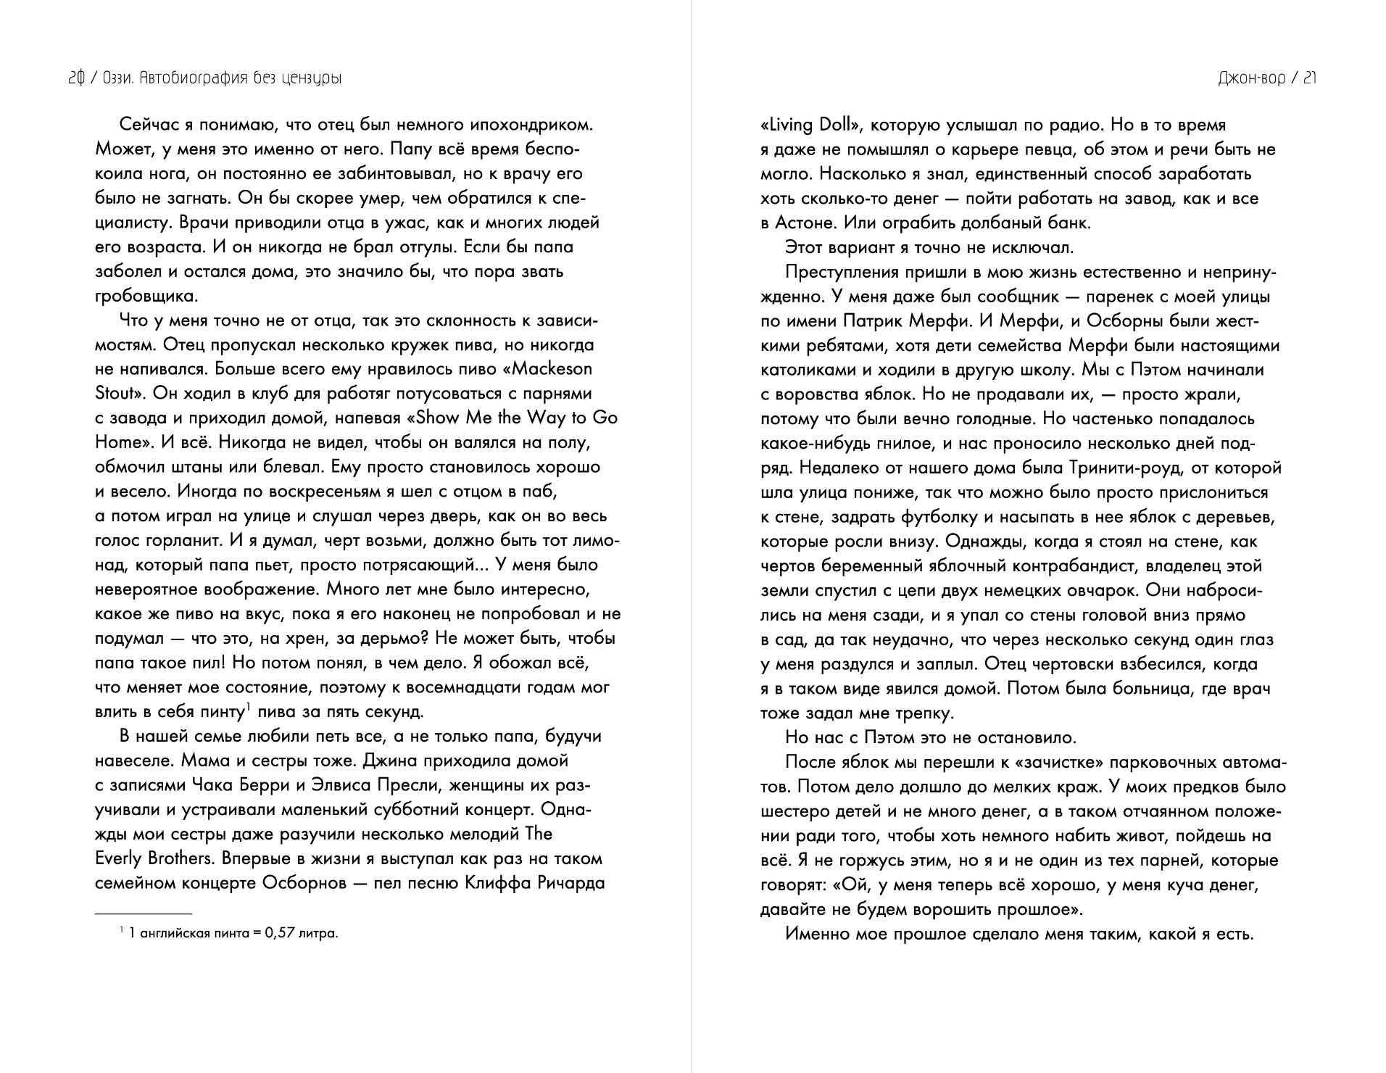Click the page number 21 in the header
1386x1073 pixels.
click(x=1309, y=78)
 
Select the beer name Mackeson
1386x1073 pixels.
click(x=552, y=369)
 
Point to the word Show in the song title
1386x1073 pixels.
click(x=442, y=418)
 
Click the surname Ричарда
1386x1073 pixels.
click(x=570, y=883)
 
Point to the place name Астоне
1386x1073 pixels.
click(x=805, y=223)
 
